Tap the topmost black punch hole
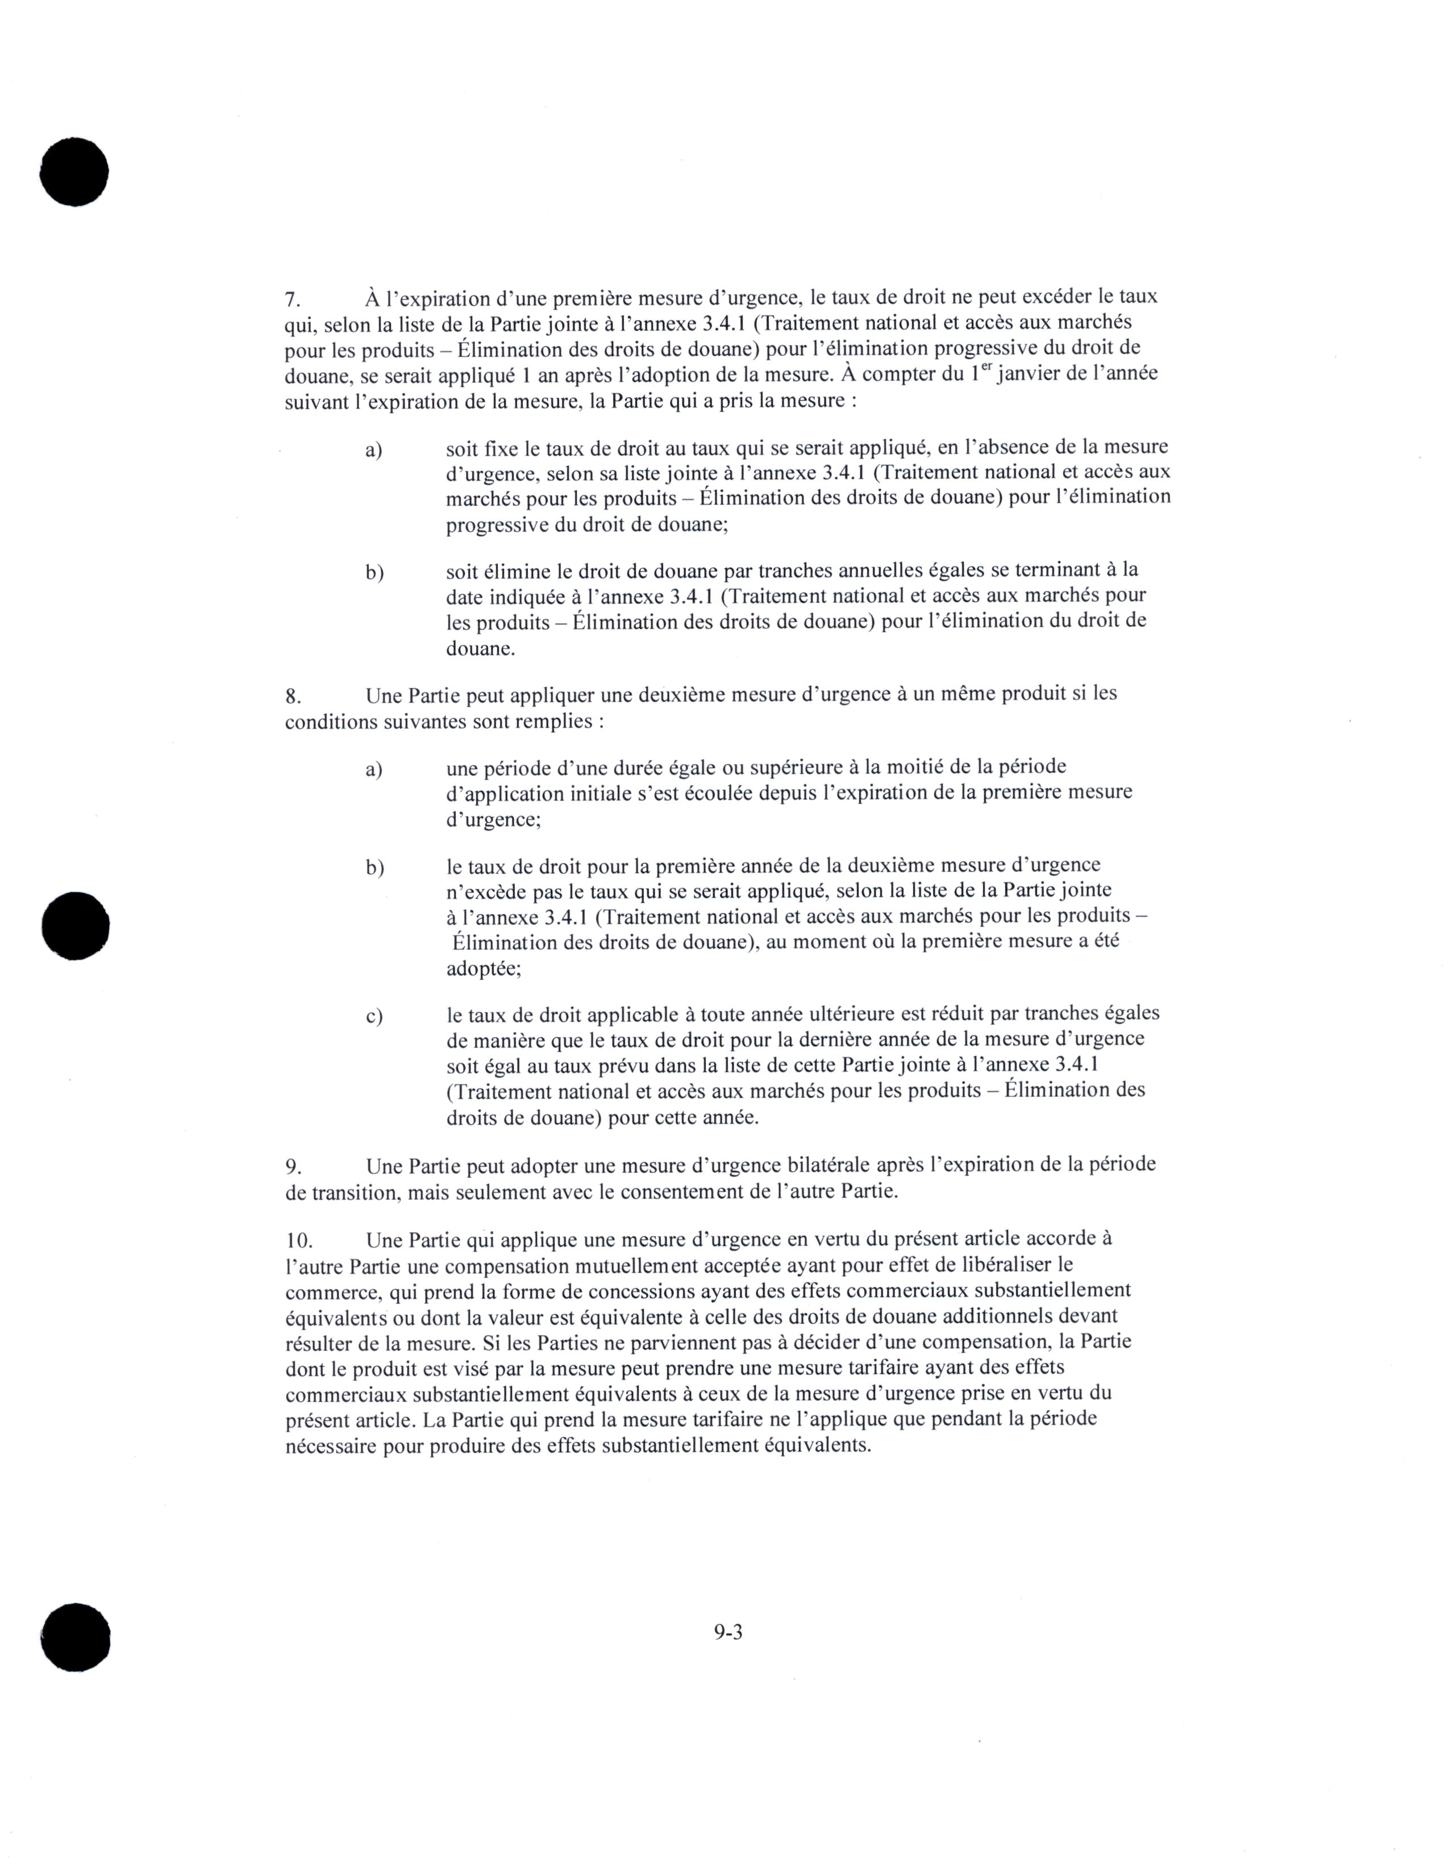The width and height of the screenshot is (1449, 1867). click(x=74, y=171)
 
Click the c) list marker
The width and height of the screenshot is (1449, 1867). click(x=373, y=1016)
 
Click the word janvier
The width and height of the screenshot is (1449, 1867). click(x=1029, y=374)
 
